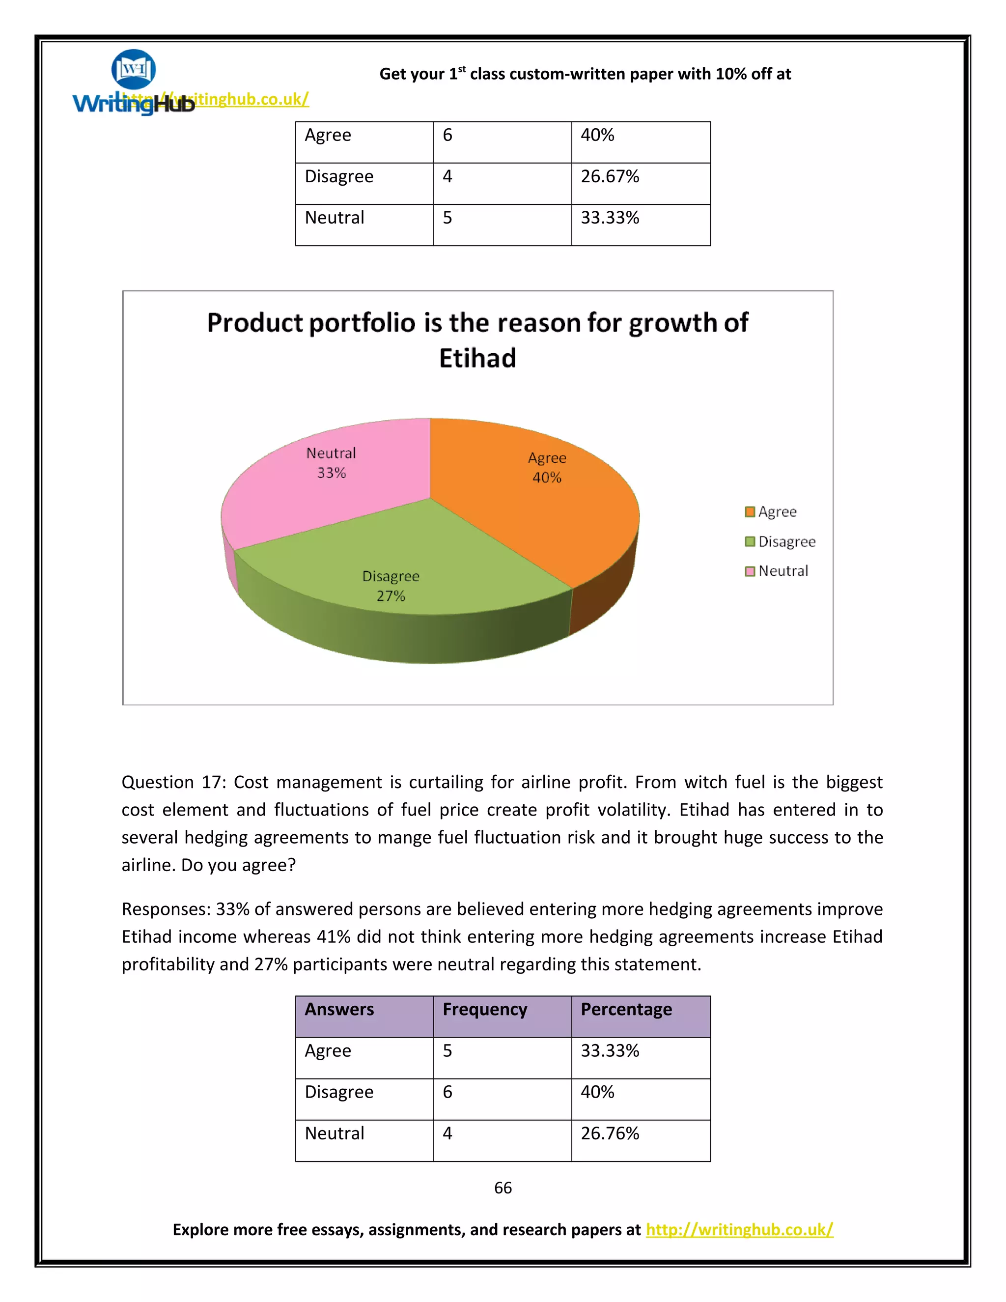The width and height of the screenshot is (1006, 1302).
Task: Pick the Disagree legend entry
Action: click(780, 541)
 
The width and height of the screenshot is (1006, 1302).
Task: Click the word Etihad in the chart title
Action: click(477, 358)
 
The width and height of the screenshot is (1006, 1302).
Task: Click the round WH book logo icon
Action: click(134, 69)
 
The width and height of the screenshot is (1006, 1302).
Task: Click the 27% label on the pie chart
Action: click(391, 595)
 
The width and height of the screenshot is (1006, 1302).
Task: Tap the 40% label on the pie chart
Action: click(547, 478)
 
